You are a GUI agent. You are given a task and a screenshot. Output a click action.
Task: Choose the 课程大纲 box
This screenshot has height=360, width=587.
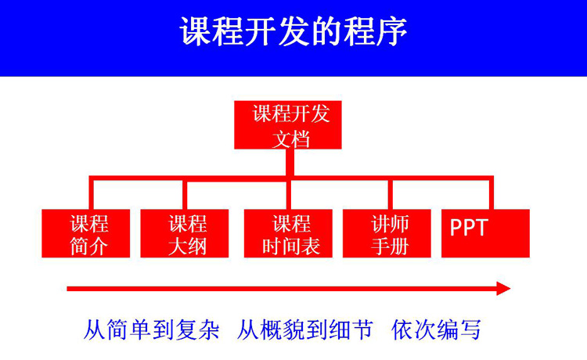point(185,234)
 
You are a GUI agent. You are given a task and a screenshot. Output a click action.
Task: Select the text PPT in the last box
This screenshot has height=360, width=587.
point(469,228)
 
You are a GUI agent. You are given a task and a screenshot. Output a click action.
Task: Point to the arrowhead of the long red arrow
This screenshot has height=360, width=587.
point(503,289)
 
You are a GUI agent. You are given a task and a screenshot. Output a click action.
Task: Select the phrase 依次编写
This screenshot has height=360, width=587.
point(436,329)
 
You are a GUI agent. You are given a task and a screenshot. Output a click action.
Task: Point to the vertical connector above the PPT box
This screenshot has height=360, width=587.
point(492,194)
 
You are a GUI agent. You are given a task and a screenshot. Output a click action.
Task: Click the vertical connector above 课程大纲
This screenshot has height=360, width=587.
point(184,194)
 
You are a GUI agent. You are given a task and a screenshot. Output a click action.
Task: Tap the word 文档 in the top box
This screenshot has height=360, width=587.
point(291,138)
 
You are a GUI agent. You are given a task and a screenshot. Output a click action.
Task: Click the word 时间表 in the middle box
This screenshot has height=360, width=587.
point(292,247)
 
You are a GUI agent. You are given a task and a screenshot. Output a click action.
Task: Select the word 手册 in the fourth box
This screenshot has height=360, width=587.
point(389,247)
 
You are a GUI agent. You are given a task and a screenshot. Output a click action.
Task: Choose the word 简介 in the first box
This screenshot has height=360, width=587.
point(88,247)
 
